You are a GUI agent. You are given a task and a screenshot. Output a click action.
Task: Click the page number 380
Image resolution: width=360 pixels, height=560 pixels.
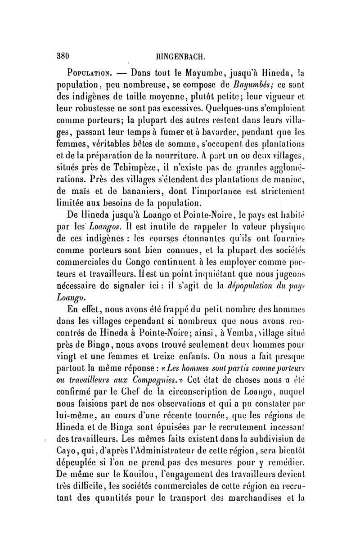coord(60,57)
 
